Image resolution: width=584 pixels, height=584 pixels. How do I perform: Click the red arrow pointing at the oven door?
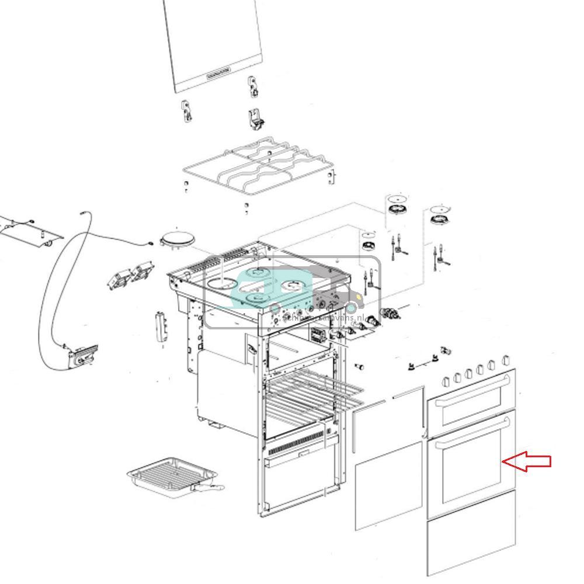pos(527,461)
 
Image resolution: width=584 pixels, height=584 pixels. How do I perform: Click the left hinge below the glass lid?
pos(187,111)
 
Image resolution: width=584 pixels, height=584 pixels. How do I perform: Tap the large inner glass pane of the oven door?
pos(388,485)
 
